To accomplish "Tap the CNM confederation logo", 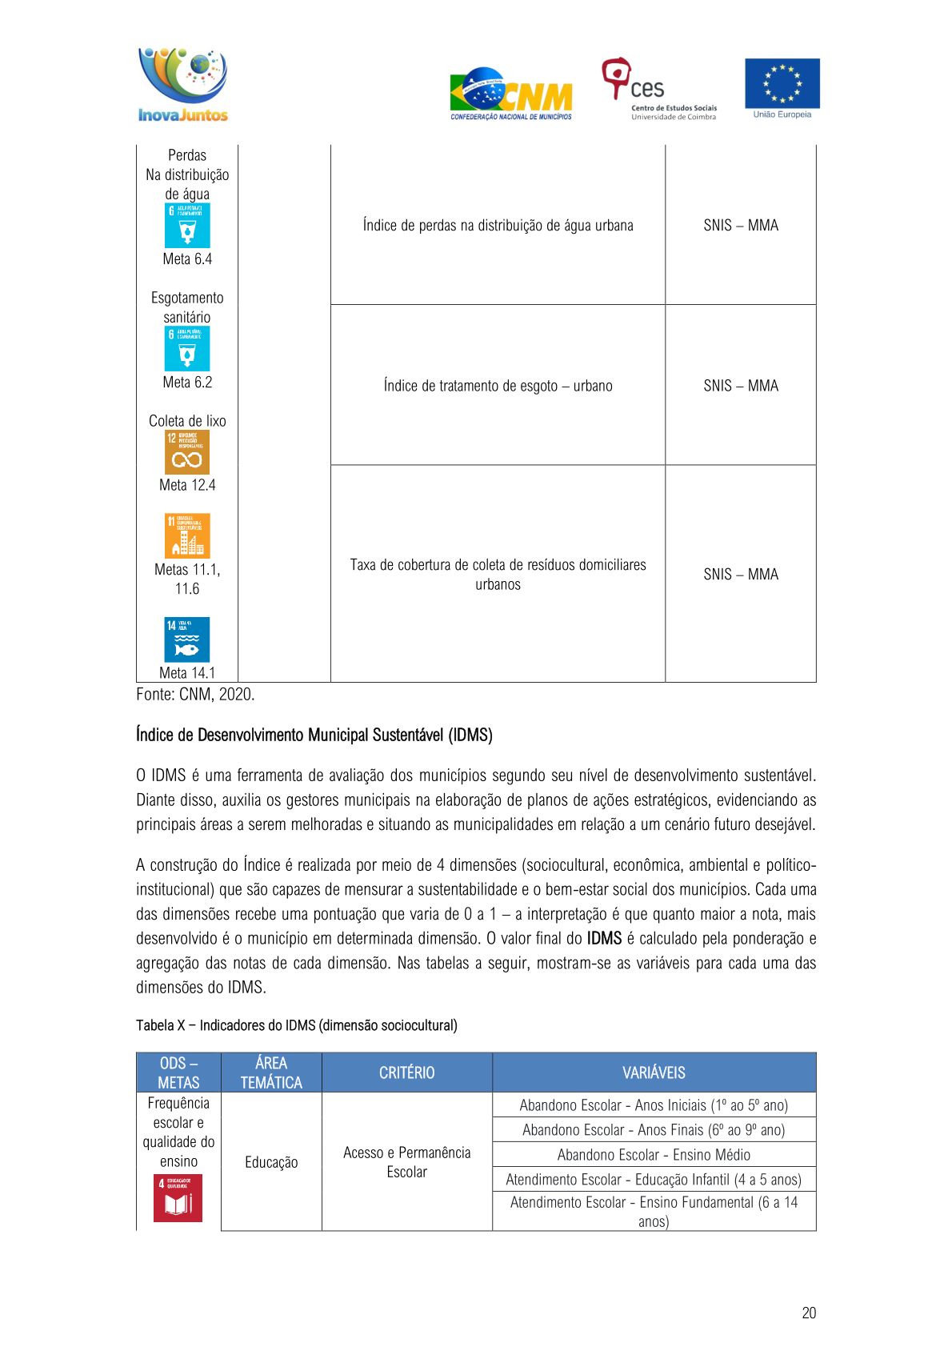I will (x=511, y=94).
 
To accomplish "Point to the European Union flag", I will (x=782, y=84).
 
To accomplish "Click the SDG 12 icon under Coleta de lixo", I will (x=187, y=452).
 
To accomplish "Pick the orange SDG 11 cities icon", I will (x=187, y=535).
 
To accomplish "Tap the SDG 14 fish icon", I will (x=187, y=639).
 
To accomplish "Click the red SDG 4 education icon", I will (x=178, y=1197).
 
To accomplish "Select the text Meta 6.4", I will (x=187, y=259).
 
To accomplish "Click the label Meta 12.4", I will (x=187, y=485).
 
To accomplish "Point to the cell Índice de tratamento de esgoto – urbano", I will (x=498, y=386).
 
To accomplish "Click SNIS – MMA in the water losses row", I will (x=741, y=226).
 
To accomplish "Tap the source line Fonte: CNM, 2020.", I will (x=195, y=695).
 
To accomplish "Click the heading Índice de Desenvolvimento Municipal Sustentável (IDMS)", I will (x=314, y=735).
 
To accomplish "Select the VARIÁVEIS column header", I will (x=654, y=1072).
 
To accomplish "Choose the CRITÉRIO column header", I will (x=406, y=1072).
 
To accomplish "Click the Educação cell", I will (x=271, y=1162).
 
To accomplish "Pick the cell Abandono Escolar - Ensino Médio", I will (x=654, y=1155).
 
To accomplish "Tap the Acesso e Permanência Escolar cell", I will (x=406, y=1162).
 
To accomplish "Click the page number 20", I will (x=809, y=1313).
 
